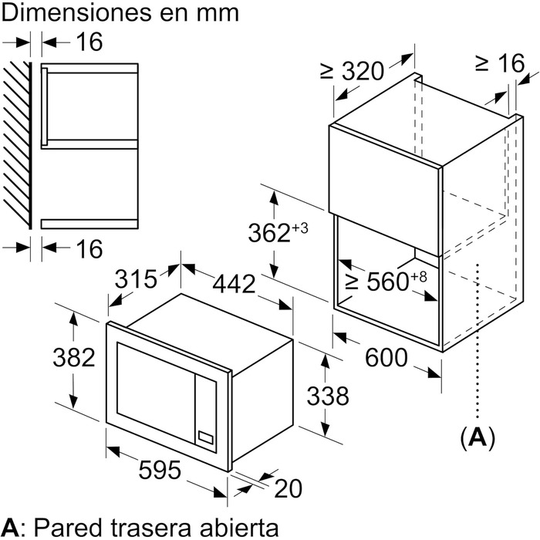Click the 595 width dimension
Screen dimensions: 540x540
[x=160, y=470]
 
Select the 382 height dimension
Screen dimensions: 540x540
[x=74, y=357]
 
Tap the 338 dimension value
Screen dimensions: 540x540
[x=328, y=397]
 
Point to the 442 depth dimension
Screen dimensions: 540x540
[x=233, y=284]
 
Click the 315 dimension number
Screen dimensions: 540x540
[x=135, y=278]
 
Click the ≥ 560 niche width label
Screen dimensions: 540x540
[x=386, y=282]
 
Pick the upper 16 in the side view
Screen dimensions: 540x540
[x=89, y=43]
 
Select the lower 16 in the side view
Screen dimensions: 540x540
[x=89, y=249]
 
